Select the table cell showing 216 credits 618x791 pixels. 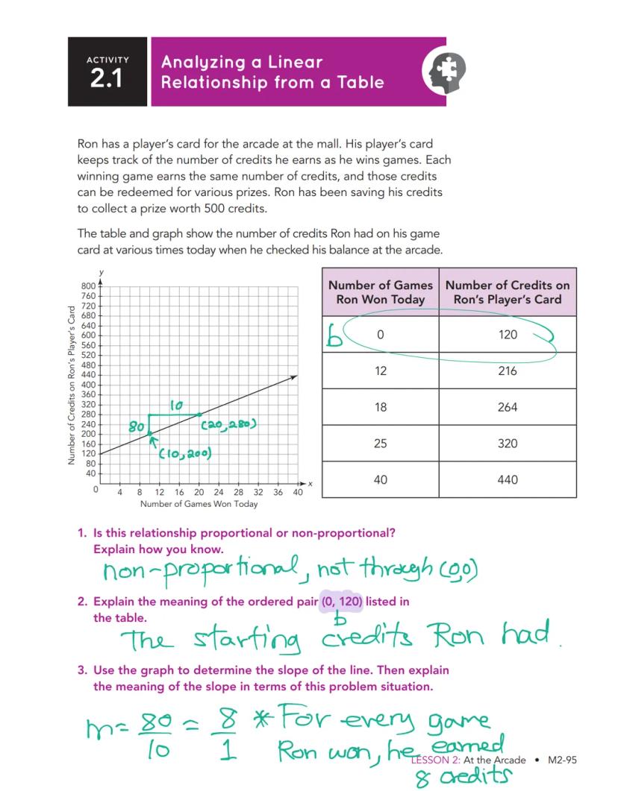tap(507, 371)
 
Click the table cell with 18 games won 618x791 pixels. tap(381, 407)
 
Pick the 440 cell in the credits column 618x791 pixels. tap(507, 479)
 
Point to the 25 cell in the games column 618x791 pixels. tap(381, 444)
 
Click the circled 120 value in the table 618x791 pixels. tap(507, 335)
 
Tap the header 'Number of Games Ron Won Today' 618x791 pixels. tap(381, 292)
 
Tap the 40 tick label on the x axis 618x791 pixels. tap(297, 493)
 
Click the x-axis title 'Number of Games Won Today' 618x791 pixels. tap(199, 505)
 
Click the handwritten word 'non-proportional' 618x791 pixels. tap(200, 572)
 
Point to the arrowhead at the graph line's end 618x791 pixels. tap(294, 377)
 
